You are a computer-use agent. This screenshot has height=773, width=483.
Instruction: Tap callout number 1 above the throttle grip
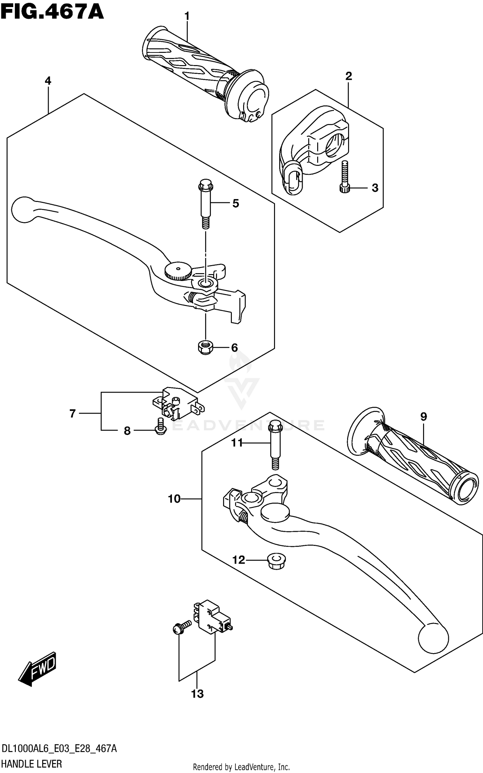pos(187,16)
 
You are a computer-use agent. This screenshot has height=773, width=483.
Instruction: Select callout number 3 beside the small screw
pos(375,188)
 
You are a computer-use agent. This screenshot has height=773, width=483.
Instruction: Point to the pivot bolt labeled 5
pos(205,205)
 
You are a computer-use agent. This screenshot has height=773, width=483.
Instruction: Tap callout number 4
pos(48,81)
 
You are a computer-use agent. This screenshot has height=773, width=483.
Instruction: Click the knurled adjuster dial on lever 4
pos(178,271)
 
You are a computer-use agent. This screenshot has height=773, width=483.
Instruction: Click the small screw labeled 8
pos(160,427)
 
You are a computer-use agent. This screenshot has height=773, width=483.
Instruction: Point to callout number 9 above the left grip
pos(423,417)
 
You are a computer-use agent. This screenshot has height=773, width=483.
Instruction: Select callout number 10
pos(174,499)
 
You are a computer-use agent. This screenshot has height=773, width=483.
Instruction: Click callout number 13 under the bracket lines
pos(197,693)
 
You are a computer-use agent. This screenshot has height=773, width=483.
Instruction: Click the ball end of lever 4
pos(23,209)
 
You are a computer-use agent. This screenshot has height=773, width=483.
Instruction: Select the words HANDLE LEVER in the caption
pos(32,764)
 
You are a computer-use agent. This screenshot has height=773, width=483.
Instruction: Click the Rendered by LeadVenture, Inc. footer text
pos(241,767)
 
